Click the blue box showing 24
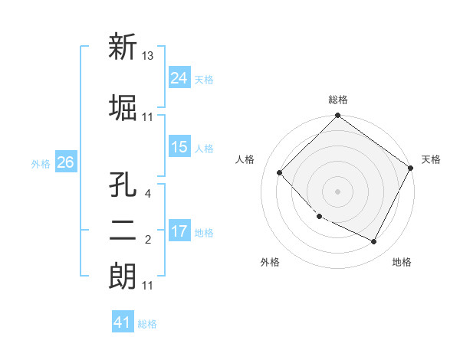click(x=179, y=78)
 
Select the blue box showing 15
click(x=179, y=147)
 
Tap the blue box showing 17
click(x=179, y=231)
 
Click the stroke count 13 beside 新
click(x=149, y=55)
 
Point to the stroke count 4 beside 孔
click(x=147, y=194)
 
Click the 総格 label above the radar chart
click(x=338, y=100)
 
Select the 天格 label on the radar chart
click(x=431, y=159)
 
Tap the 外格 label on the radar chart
click(x=270, y=263)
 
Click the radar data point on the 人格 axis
click(x=280, y=172)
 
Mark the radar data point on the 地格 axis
click(x=373, y=242)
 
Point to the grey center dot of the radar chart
click(x=337, y=191)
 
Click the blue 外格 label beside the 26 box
click(x=40, y=163)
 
